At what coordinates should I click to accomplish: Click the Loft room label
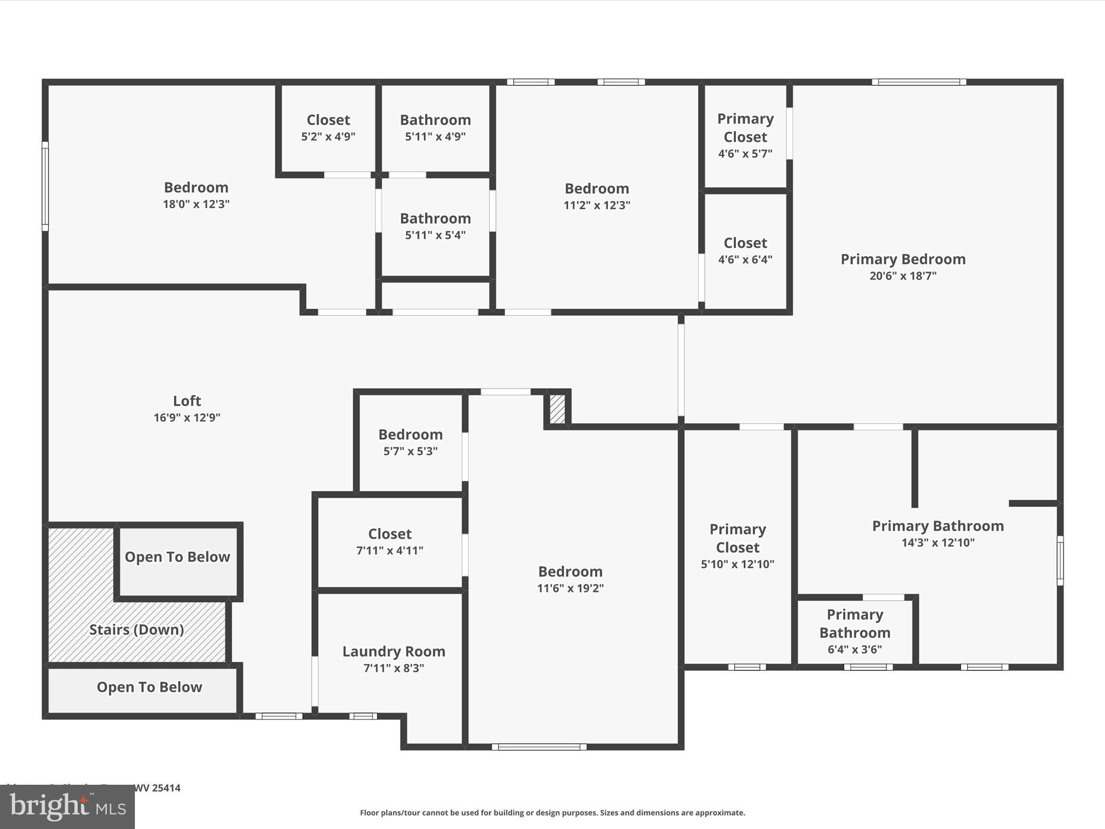[x=187, y=400]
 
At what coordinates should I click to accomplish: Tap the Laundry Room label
[x=393, y=651]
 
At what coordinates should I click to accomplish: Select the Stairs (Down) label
[x=137, y=629]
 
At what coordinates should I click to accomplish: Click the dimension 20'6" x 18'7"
[x=903, y=276]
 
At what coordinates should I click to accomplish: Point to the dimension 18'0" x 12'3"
[x=196, y=204]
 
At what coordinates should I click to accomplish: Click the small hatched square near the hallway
[x=557, y=409]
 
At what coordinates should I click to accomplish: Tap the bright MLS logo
[x=67, y=806]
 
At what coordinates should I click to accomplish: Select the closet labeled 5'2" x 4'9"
[x=328, y=127]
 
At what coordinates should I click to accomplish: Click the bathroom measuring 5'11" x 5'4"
[x=435, y=226]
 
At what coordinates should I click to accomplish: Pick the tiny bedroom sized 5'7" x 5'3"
[x=411, y=442]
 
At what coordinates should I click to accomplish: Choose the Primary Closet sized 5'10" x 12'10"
[x=738, y=546]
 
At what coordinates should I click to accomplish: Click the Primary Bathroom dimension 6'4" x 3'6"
[x=855, y=649]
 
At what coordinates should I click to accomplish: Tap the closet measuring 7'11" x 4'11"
[x=390, y=541]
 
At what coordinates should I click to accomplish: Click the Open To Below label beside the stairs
[x=178, y=557]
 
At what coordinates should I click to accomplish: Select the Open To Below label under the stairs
[x=149, y=687]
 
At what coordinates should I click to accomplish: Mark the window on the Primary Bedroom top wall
[x=919, y=82]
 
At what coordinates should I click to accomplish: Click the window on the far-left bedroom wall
[x=45, y=186]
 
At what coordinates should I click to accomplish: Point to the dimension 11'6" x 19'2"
[x=570, y=588]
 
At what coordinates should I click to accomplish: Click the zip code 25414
[x=166, y=788]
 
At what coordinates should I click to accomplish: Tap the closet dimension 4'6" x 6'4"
[x=745, y=260]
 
